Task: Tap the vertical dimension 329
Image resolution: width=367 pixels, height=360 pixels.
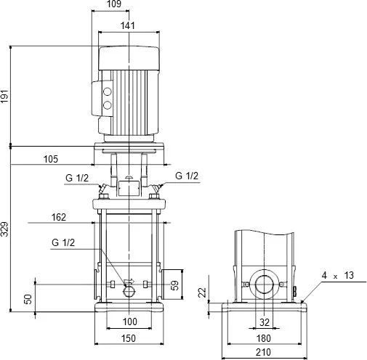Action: click(x=6, y=229)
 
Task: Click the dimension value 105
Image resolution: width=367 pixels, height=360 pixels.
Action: click(x=50, y=158)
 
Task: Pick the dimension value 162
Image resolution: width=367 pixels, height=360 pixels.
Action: click(x=59, y=216)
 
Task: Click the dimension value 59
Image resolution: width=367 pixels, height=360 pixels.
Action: click(x=174, y=285)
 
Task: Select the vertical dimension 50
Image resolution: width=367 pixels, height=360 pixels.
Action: click(x=28, y=299)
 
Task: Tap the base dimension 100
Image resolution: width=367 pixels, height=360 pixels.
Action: click(x=128, y=322)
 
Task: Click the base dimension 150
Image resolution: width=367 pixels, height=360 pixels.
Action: click(x=128, y=337)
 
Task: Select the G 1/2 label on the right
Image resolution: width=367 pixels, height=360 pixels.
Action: click(x=187, y=176)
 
